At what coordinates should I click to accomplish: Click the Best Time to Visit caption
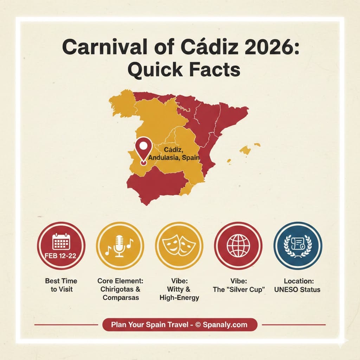(x=61, y=285)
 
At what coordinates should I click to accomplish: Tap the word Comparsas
(x=120, y=298)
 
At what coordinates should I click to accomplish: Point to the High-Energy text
(x=179, y=298)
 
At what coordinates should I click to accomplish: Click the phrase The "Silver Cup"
(x=238, y=289)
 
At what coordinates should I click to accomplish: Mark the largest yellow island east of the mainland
(x=246, y=150)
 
